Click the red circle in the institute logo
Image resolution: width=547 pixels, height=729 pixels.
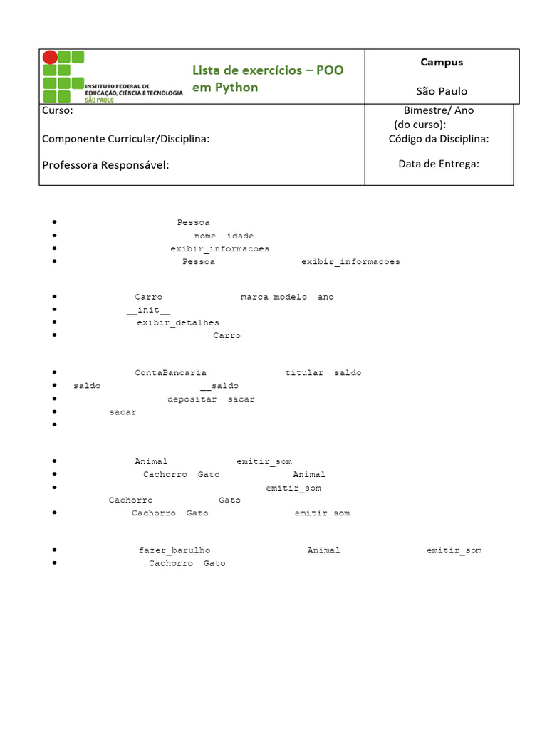click(50, 58)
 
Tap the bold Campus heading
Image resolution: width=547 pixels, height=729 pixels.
click(442, 62)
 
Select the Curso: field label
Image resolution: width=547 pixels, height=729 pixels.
click(57, 110)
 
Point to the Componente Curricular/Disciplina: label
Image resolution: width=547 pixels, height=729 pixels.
click(126, 139)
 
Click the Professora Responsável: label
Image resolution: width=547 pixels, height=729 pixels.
click(105, 165)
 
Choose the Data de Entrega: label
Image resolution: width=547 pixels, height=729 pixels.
click(439, 164)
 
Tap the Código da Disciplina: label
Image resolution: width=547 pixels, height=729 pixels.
click(439, 139)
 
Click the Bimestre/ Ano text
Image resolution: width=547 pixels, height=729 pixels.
click(439, 110)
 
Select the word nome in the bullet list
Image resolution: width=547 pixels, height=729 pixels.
click(205, 236)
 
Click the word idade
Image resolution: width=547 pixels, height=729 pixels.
click(240, 236)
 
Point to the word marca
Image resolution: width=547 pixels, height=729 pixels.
click(254, 297)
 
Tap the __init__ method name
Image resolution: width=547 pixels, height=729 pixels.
click(148, 310)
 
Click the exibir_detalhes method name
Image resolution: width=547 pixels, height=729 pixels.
click(178, 323)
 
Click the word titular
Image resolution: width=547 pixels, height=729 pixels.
click(304, 373)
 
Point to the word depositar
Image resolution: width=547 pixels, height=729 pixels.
click(192, 399)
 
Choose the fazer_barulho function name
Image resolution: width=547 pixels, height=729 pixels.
click(174, 550)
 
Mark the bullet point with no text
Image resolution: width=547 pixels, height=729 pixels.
click(55, 425)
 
